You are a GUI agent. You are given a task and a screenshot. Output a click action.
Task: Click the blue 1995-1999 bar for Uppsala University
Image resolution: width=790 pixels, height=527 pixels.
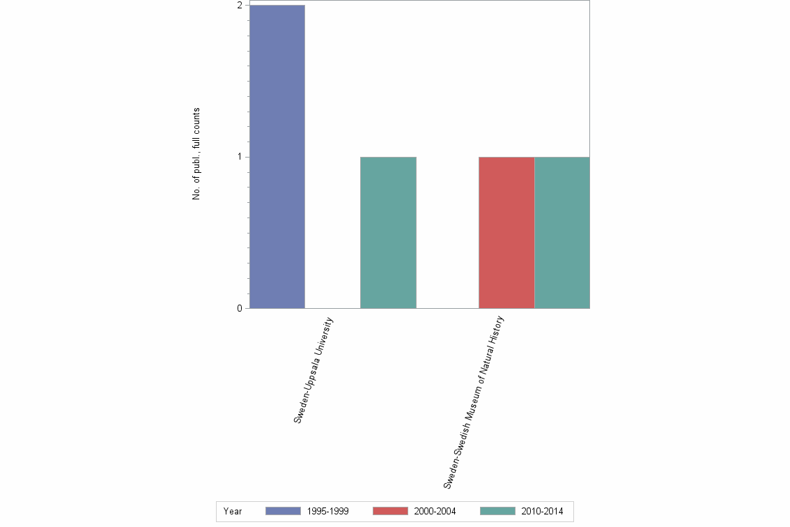point(277,157)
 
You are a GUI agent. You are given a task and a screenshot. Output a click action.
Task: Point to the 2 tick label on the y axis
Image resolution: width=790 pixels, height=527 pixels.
point(240,6)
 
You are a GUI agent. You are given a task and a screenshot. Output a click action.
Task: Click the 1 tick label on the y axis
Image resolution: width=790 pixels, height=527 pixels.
point(240,157)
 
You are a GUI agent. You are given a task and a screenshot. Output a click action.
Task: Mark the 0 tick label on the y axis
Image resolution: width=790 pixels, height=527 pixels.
point(240,308)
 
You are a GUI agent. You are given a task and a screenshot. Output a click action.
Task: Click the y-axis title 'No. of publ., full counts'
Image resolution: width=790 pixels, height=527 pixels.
point(196,154)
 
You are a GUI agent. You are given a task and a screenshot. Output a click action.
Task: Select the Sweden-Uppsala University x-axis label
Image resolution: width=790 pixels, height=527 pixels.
point(313,371)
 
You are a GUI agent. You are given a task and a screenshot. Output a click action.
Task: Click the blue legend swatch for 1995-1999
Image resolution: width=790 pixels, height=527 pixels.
point(283,511)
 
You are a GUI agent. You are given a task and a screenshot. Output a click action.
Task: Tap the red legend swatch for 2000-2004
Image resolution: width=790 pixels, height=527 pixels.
point(390,511)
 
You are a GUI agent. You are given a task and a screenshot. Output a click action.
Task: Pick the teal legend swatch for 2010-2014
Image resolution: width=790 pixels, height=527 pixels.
point(498,511)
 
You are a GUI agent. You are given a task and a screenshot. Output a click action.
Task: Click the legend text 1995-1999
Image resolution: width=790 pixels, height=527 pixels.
point(327,512)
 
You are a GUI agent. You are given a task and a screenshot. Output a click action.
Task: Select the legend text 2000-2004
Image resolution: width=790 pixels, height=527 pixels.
point(435,512)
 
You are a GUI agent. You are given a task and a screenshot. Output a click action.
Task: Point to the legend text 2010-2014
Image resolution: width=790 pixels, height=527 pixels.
point(543,512)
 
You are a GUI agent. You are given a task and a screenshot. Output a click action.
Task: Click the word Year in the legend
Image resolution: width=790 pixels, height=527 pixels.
point(233,512)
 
